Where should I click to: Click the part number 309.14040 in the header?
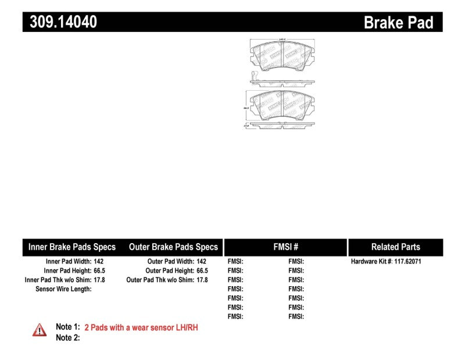pos(60,22)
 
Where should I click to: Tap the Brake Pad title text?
pos(398,23)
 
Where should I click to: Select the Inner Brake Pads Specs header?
pos(72,247)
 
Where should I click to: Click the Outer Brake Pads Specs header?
pos(173,247)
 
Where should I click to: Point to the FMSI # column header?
pos(285,247)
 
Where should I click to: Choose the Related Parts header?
pos(395,247)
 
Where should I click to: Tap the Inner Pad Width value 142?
pos(98,262)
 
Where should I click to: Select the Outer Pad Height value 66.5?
pos(202,270)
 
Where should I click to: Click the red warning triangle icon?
pos(40,330)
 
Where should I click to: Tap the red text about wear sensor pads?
pos(141,327)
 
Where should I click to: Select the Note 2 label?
pos(67,337)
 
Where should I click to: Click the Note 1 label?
pos(67,327)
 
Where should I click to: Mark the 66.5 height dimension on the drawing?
pos(246,108)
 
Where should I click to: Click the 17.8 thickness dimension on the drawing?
pos(246,124)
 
